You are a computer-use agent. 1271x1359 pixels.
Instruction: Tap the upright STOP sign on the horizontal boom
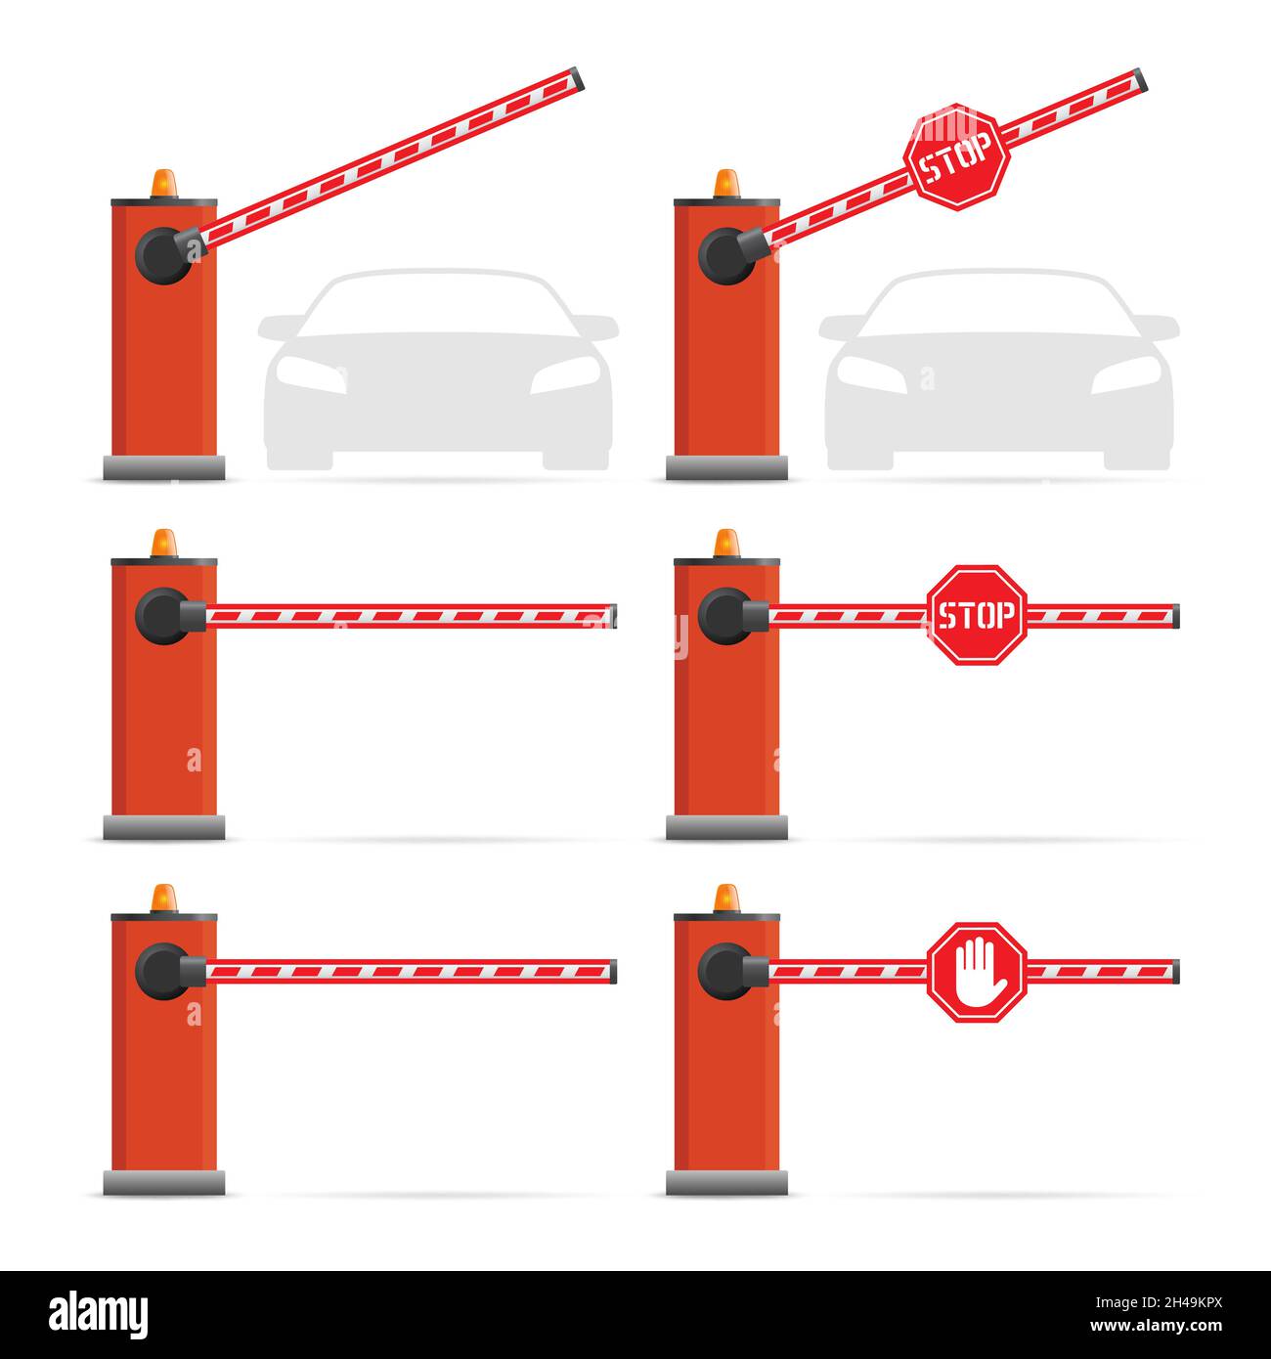(x=977, y=615)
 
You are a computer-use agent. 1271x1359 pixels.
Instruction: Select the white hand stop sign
(x=977, y=972)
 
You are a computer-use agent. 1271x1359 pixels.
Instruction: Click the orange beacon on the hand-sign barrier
(x=726, y=898)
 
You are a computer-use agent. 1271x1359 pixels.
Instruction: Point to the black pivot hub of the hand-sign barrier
(x=724, y=971)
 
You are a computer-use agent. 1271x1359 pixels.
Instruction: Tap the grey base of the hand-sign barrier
(x=726, y=1182)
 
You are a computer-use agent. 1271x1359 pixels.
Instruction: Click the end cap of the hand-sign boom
(x=1174, y=971)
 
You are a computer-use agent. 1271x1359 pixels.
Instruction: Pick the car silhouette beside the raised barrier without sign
(x=438, y=372)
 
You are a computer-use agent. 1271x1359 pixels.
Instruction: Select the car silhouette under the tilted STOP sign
(x=999, y=372)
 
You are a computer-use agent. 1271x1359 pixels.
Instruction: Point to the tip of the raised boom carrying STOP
(x=1138, y=81)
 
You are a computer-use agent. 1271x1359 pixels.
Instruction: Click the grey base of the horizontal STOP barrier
(x=726, y=827)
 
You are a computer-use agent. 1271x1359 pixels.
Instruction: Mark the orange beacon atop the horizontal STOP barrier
(x=726, y=543)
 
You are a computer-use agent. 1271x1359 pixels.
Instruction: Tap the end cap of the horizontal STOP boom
(x=1174, y=616)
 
